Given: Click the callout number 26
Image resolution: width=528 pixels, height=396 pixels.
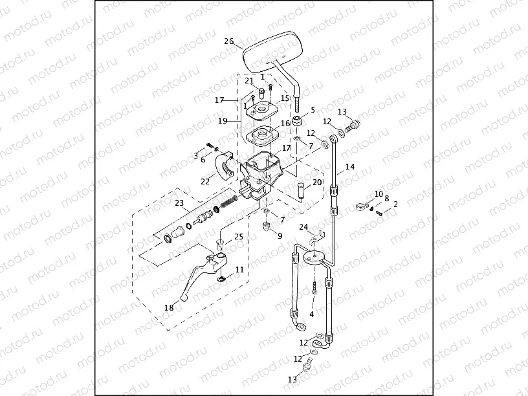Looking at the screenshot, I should click(228, 41).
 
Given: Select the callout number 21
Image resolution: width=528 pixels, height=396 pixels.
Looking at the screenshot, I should click(249, 81).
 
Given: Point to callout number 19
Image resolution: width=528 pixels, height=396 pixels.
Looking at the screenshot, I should click(222, 120).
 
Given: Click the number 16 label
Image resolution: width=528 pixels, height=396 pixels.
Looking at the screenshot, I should click(285, 124).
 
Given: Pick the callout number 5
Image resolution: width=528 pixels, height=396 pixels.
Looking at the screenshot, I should click(313, 110).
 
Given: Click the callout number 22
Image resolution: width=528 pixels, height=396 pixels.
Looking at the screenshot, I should click(205, 182).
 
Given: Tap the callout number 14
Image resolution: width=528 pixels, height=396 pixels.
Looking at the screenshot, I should click(350, 166).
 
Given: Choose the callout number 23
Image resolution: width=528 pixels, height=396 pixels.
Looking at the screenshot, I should click(179, 203).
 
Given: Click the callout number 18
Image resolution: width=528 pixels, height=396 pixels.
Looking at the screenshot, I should click(169, 308).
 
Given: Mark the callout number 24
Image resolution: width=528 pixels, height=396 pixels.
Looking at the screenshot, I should click(303, 226).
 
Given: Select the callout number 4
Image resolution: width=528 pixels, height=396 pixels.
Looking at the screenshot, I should click(312, 314).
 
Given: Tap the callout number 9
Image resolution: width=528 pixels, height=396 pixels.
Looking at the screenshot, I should click(280, 236).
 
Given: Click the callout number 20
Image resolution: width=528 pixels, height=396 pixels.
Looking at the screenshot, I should click(317, 182).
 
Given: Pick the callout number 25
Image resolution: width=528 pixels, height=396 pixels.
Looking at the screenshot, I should click(239, 237).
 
